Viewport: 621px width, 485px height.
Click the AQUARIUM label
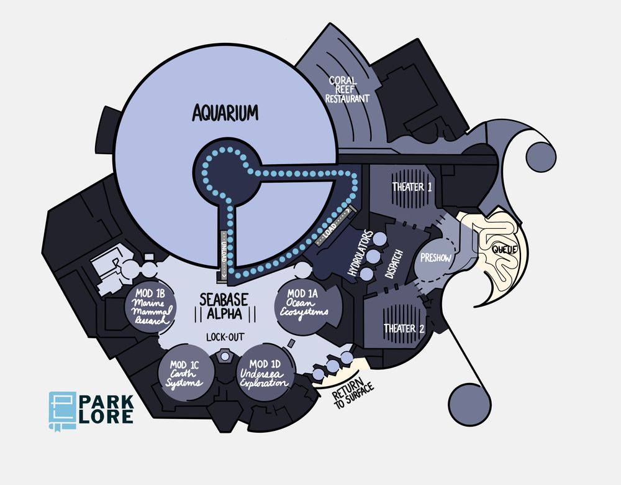coord(225,112)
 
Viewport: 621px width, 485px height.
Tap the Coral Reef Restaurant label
coord(347,90)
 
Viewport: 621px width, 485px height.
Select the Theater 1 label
coord(412,187)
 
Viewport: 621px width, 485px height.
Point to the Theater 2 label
coord(404,328)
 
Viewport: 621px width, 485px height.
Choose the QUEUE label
coord(504,249)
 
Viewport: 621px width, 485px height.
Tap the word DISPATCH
coord(394,264)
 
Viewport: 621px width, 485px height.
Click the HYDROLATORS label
coord(360,253)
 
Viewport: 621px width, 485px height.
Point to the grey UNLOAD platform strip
coord(224,256)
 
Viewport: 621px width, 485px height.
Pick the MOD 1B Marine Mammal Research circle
coord(150,307)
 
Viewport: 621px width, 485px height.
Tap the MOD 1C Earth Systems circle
coord(186,374)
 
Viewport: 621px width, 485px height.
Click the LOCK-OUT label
coord(225,337)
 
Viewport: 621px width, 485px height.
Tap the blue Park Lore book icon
coord(63,411)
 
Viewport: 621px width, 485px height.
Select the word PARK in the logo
coord(107,402)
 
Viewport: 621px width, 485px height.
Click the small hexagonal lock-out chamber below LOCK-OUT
coord(225,356)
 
